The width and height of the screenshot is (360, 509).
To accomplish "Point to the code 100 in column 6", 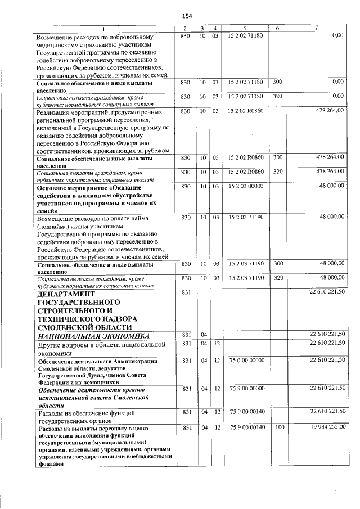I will pyautogui.click(x=277, y=429).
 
